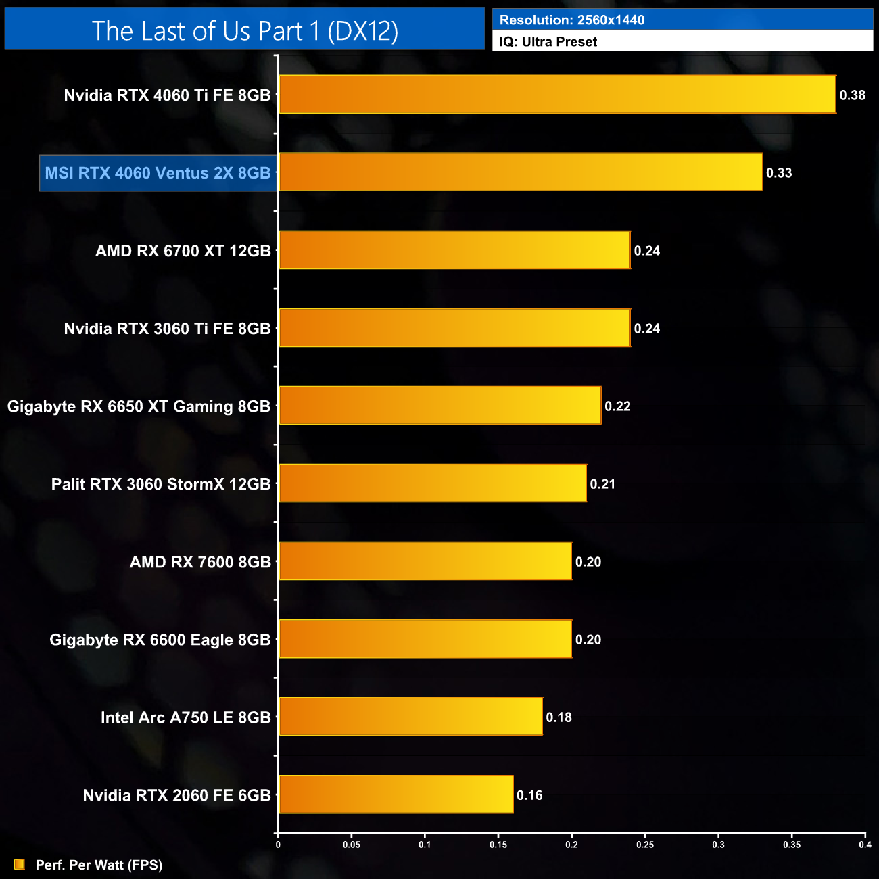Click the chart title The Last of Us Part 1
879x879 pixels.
(x=245, y=30)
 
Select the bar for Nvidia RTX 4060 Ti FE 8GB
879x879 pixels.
(x=557, y=95)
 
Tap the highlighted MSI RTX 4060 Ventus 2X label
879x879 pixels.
(x=158, y=173)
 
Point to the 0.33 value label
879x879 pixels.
(x=779, y=173)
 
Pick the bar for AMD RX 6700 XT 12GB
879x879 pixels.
(x=454, y=250)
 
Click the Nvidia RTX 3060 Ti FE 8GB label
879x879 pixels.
(x=167, y=329)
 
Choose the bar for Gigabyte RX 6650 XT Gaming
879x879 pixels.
(x=439, y=406)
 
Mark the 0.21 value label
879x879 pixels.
(x=602, y=484)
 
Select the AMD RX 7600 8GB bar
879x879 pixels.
(x=425, y=561)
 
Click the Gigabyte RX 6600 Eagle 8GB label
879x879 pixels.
(x=160, y=640)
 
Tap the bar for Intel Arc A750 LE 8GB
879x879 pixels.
(x=410, y=717)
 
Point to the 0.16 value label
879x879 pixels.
(x=529, y=795)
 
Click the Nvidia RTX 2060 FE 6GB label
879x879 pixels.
(x=176, y=795)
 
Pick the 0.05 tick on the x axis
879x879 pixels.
(x=352, y=845)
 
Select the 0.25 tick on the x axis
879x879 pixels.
(x=645, y=845)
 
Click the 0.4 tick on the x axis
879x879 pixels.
(x=865, y=845)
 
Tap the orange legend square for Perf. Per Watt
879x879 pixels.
(x=19, y=864)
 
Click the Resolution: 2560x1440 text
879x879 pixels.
(x=572, y=20)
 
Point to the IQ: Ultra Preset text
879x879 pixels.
(x=548, y=41)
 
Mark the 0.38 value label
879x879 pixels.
(x=852, y=95)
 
